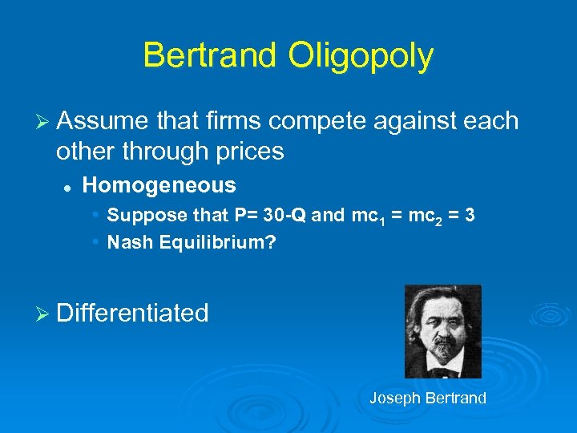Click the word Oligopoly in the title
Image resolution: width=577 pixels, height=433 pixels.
pos(368,55)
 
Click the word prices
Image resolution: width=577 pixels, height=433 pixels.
pos(246,151)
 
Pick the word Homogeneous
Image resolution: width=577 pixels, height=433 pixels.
pos(159,185)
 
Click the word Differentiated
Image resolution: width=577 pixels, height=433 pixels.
pos(132,312)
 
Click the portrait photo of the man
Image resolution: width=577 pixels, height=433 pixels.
pos(442,330)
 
